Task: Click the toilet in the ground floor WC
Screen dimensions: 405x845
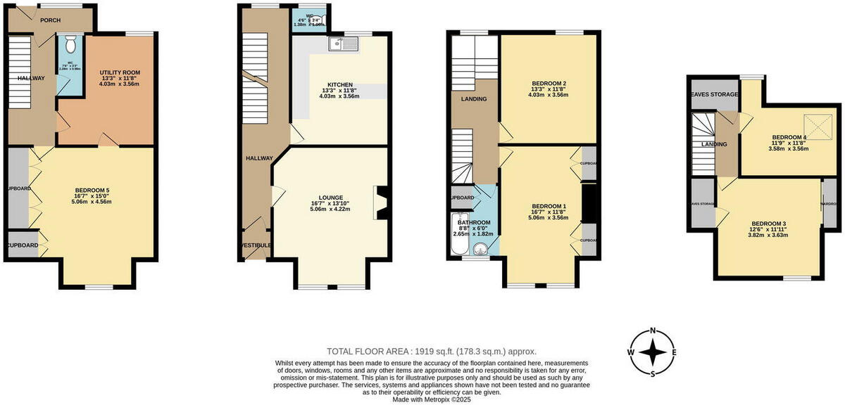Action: (x=69, y=46)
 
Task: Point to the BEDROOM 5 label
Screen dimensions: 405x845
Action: (x=92, y=190)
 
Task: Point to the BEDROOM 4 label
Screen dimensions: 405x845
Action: (x=788, y=137)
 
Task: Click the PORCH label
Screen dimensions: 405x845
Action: (x=50, y=20)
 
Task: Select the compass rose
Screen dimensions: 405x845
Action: (x=653, y=352)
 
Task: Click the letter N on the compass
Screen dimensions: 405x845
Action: (x=653, y=330)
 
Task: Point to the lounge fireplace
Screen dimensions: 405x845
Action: (x=381, y=202)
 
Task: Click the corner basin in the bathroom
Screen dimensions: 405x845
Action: (x=482, y=247)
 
